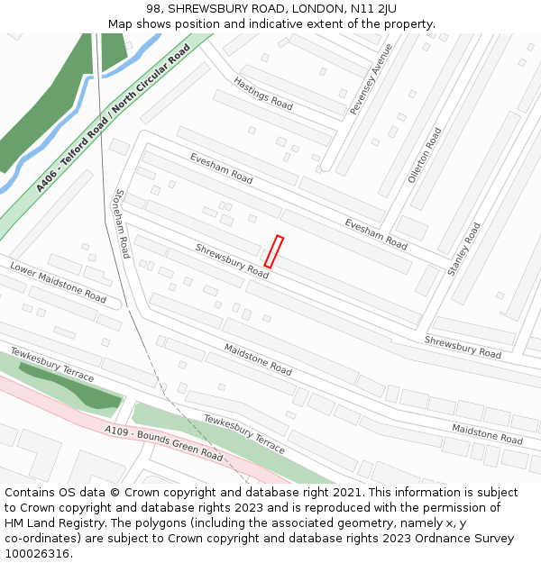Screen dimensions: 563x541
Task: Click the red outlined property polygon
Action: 273,252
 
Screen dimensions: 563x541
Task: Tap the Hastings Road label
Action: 263,94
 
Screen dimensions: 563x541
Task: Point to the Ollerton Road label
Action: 425,155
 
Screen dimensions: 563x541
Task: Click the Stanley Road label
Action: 465,250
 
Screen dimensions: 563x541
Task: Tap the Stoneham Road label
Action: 122,223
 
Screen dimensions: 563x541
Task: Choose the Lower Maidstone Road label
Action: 58,282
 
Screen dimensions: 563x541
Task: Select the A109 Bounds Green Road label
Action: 164,443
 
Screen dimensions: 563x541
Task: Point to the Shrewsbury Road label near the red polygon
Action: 232,260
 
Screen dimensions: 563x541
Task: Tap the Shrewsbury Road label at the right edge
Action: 463,347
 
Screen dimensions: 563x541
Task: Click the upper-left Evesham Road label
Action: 221,168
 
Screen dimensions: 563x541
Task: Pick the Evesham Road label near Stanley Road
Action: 376,233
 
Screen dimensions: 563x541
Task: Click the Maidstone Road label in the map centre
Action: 258,359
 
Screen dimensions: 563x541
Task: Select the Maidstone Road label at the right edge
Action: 487,434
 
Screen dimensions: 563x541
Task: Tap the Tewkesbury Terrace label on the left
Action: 52,363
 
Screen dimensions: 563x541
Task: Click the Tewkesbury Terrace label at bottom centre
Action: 243,433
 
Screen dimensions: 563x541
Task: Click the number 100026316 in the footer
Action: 36,553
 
